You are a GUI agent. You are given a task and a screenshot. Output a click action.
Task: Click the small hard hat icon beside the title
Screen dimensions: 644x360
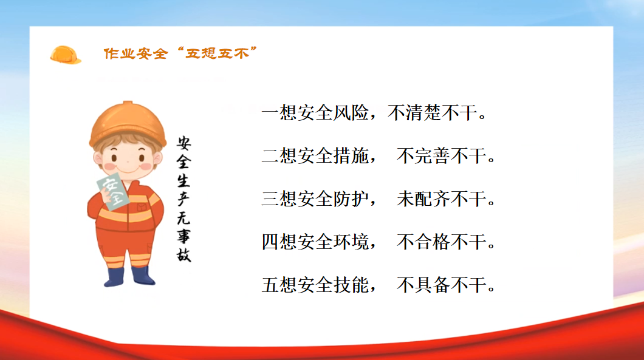click(65, 55)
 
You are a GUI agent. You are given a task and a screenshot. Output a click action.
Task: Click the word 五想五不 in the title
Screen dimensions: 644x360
click(217, 53)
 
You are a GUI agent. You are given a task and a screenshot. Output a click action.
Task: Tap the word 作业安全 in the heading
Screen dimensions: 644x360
click(135, 53)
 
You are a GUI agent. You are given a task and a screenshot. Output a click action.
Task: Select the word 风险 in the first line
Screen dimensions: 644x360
click(351, 112)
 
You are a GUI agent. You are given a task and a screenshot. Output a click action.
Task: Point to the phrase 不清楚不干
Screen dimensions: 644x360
click(432, 112)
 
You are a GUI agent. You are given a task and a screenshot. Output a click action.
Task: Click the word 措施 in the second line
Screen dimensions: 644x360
click(351, 155)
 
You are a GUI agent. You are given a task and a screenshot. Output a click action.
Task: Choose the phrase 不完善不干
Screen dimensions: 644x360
click(442, 155)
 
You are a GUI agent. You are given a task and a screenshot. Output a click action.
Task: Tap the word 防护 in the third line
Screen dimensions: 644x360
click(351, 199)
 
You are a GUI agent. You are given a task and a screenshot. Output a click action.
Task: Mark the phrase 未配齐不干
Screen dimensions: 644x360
click(442, 199)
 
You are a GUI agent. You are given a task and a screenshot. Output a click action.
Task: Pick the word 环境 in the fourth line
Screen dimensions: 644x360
click(351, 242)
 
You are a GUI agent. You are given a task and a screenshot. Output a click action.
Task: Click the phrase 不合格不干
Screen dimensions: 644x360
click(442, 242)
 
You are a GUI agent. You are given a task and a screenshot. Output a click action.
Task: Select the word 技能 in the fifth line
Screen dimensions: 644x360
click(351, 285)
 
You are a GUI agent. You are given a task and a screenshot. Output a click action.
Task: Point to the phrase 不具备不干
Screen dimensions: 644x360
click(442, 285)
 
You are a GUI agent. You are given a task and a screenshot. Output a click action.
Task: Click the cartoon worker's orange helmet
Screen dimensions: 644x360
click(128, 123)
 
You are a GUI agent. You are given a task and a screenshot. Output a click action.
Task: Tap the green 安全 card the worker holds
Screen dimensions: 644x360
click(113, 191)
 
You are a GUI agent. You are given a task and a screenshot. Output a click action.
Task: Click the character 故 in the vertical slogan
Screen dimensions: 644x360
click(183, 254)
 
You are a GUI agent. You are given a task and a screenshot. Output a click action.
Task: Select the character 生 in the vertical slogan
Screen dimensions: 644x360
click(183, 180)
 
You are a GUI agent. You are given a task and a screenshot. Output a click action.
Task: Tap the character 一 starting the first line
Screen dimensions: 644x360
click(270, 112)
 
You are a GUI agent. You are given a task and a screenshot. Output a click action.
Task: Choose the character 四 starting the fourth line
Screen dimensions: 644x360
click(270, 242)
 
